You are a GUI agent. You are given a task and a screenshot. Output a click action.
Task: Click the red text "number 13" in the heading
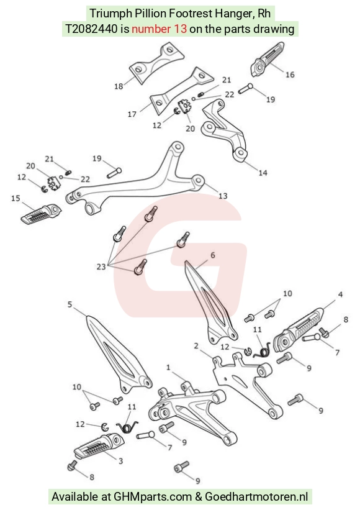pos(159,29)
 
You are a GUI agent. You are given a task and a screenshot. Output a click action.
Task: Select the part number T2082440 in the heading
pos(91,29)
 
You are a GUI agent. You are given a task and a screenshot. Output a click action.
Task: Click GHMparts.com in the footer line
pos(153,497)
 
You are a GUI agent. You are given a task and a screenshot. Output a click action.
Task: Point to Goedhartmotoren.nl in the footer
pos(256,497)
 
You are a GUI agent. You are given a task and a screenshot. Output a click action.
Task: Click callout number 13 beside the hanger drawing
pos(223,196)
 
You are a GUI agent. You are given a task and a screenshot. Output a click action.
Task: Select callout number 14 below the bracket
pos(263,173)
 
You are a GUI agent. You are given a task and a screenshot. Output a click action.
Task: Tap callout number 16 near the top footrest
pos(290,75)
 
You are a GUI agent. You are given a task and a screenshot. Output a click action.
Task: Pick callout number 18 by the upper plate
pos(119,86)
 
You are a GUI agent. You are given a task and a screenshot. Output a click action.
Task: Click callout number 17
pos(132,114)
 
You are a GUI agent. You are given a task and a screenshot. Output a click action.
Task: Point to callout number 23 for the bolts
pos(101,266)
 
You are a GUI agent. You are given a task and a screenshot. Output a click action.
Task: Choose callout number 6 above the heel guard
pos(213,255)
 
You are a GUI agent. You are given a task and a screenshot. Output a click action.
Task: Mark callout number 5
pos(70,304)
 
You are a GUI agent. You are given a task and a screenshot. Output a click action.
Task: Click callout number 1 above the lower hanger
pos(168,368)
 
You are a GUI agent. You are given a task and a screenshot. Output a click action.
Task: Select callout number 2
pos(196,346)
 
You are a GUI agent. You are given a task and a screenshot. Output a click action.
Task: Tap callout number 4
pos(340,294)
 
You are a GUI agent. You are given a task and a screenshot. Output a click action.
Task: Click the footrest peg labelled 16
pos(267,59)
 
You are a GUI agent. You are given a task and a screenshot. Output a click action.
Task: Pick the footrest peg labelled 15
pos(41,213)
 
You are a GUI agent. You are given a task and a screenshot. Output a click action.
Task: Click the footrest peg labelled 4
pos(299,330)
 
